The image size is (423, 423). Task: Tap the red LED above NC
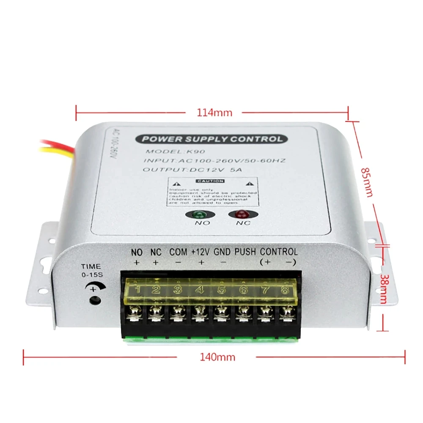(241, 214)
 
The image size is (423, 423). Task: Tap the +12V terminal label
(201, 251)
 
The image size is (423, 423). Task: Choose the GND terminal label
(222, 251)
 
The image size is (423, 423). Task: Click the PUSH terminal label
(245, 251)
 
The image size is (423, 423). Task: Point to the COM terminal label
(178, 251)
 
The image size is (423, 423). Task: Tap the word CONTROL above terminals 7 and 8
(279, 251)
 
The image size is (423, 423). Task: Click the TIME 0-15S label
(92, 270)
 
